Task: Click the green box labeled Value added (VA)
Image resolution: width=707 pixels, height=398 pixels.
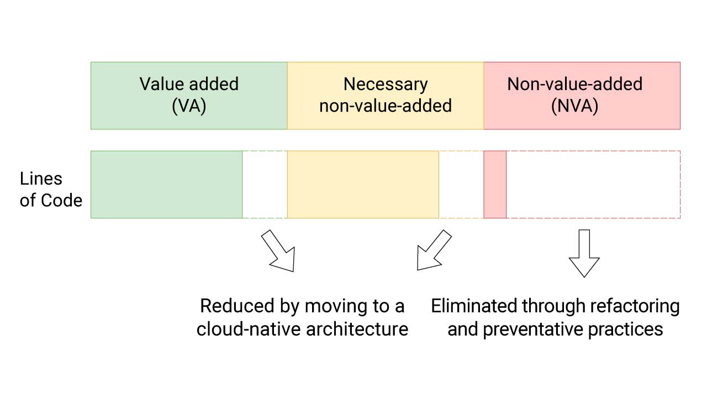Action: (189, 95)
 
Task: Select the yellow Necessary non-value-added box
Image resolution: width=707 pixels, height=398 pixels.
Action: (385, 95)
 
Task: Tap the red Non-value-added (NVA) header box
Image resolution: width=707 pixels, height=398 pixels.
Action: (582, 95)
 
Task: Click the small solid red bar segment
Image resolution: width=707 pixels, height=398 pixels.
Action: (495, 185)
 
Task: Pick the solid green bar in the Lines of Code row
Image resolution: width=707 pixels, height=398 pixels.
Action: (166, 185)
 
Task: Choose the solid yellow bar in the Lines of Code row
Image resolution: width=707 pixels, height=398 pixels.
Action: (363, 185)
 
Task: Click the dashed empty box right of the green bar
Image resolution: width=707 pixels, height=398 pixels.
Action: (265, 185)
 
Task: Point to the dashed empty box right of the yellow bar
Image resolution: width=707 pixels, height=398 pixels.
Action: (461, 185)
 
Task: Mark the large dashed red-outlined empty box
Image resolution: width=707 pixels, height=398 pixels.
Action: (593, 185)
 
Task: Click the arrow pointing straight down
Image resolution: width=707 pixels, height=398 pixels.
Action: (584, 253)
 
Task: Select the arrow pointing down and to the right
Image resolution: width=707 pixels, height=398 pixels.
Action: (279, 252)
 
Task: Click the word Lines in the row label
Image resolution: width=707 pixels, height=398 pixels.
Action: (41, 179)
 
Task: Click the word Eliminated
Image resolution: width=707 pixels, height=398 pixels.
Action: (474, 306)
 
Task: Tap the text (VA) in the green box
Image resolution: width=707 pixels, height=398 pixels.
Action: (189, 106)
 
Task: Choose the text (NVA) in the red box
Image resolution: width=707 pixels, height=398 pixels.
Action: (574, 106)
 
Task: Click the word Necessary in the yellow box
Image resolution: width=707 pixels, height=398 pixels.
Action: (385, 84)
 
